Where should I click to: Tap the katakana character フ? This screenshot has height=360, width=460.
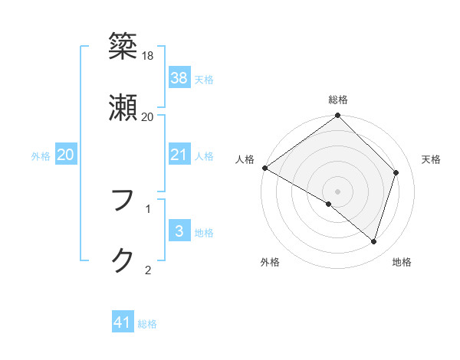click(123, 201)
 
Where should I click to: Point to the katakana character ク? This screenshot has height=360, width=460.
click(123, 260)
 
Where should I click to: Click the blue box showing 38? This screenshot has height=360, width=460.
click(179, 78)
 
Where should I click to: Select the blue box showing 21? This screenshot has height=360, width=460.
click(179, 155)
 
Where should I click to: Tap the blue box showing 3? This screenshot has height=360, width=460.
click(179, 231)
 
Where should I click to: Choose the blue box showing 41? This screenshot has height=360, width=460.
click(123, 322)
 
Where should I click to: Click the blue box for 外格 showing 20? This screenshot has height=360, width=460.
click(66, 155)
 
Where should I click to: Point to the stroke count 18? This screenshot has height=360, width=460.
click(148, 56)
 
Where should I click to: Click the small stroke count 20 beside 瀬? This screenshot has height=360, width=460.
click(148, 116)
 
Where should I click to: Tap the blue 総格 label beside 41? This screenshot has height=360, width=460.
click(147, 324)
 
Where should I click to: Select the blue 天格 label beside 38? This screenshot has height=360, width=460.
click(204, 79)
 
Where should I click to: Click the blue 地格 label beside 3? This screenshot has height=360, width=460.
click(204, 233)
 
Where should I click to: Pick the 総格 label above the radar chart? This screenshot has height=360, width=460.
click(338, 100)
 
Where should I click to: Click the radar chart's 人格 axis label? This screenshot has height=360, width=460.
click(245, 159)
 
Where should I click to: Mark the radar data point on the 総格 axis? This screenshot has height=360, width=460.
click(338, 116)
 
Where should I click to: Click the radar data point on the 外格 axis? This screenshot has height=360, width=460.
click(329, 204)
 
